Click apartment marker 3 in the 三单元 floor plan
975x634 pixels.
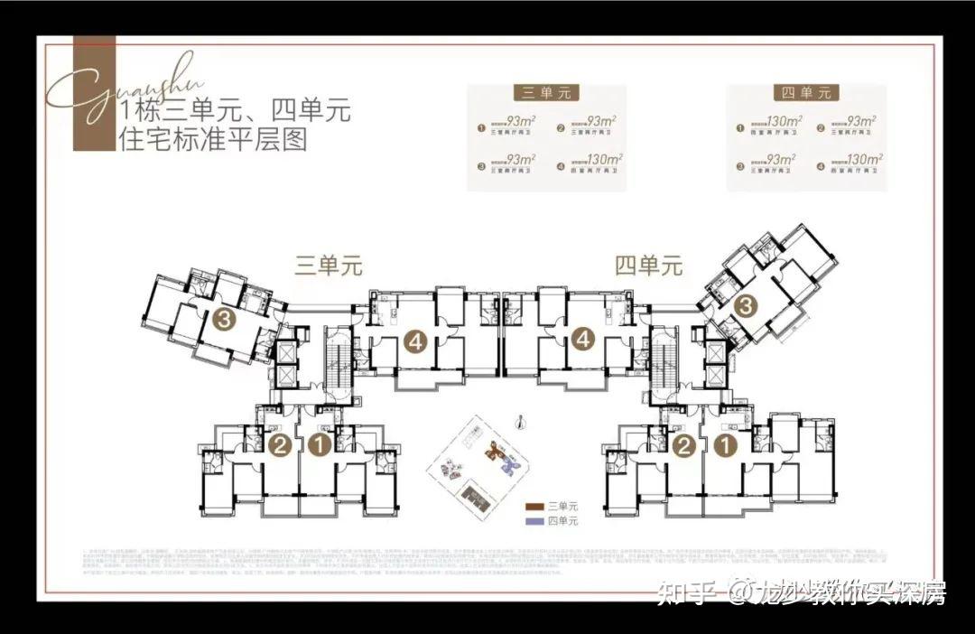226,318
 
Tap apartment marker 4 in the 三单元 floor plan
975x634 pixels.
415,341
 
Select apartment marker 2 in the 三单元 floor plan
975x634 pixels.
281,444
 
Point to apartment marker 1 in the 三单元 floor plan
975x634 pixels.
319,444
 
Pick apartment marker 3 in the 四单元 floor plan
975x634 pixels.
745,305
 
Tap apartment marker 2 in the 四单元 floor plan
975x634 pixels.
684,444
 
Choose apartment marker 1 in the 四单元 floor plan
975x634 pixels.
723,444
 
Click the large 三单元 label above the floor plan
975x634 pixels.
329,266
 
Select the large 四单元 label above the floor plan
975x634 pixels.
649,266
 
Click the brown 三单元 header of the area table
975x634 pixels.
546,93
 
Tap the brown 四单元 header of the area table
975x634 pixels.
806,93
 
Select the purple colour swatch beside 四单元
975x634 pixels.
534,522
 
